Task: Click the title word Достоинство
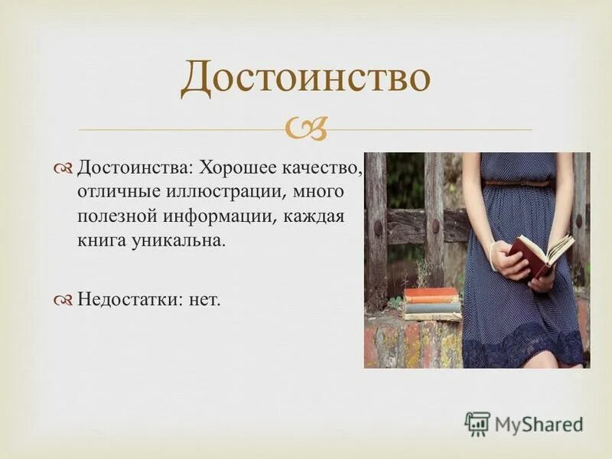[x=305, y=80]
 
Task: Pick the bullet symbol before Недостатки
[x=63, y=300]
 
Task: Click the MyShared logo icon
[x=477, y=423]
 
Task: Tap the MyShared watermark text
[x=539, y=424]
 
